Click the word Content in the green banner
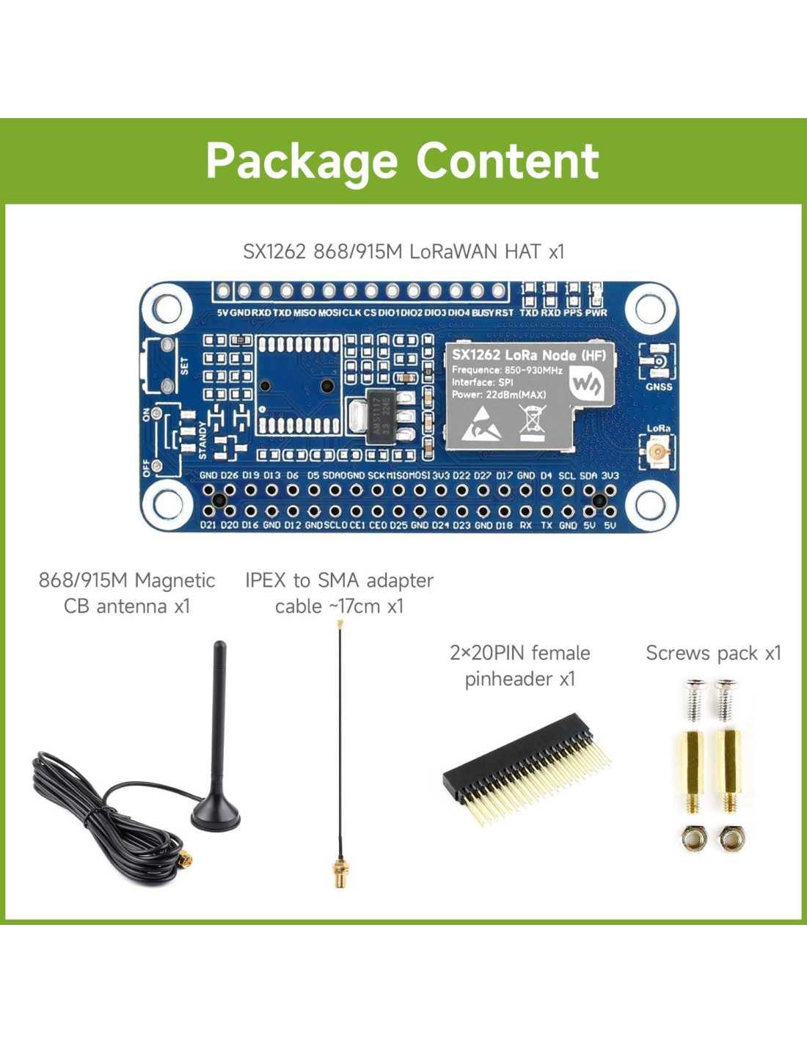507,161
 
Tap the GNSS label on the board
659,387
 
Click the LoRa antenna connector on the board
658,451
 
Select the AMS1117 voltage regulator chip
379,417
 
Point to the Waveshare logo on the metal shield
588,383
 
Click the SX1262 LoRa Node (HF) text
528,355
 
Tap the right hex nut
731,838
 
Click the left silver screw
694,700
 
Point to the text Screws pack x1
713,653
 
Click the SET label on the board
184,365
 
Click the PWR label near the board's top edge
596,312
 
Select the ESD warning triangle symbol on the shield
481,424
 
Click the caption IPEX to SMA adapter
339,580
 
